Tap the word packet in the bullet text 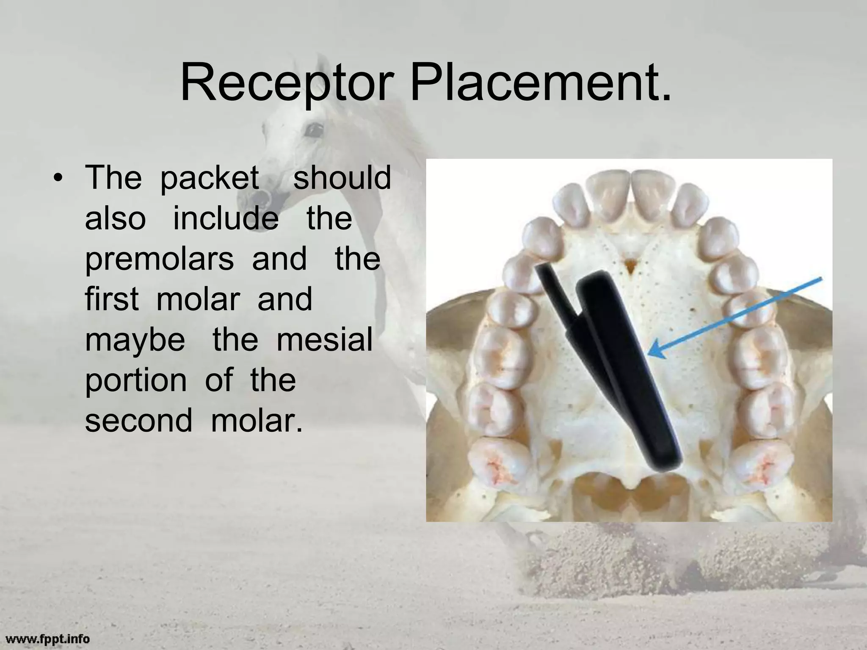(210, 178)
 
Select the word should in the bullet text (342, 178)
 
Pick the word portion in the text (136, 381)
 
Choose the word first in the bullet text (112, 299)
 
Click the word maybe (135, 341)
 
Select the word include (226, 219)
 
